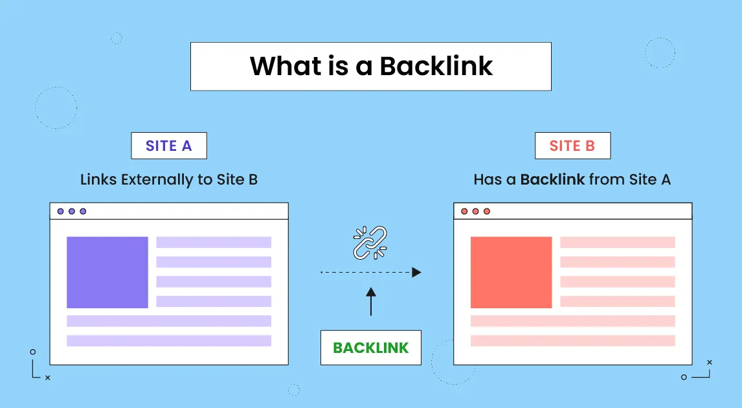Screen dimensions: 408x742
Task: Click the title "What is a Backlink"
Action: click(x=371, y=67)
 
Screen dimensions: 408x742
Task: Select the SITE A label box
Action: click(x=169, y=146)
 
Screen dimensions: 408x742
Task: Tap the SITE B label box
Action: click(x=572, y=146)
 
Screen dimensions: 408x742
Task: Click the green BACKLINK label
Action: click(x=371, y=348)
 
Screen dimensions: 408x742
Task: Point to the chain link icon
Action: click(x=370, y=242)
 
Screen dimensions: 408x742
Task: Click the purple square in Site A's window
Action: click(x=107, y=272)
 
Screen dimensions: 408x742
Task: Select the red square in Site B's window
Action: click(x=511, y=272)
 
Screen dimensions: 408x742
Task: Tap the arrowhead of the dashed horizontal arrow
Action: click(x=417, y=273)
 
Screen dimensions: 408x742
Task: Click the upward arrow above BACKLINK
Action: click(x=371, y=301)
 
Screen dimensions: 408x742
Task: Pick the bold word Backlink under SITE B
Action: click(x=553, y=179)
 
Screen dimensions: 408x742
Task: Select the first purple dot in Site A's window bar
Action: click(x=61, y=211)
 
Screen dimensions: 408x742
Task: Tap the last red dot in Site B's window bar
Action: click(x=487, y=211)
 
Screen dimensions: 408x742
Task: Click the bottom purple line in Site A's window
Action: click(x=169, y=341)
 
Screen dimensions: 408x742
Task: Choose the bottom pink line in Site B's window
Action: click(x=572, y=341)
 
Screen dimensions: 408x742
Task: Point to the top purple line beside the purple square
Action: click(x=214, y=242)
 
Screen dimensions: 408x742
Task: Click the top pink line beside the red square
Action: click(x=617, y=242)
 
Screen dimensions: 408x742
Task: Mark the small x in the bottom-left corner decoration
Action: click(x=48, y=378)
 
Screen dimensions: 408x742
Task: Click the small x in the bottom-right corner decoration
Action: click(x=710, y=362)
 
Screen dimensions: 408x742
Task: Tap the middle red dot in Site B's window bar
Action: click(x=475, y=211)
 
